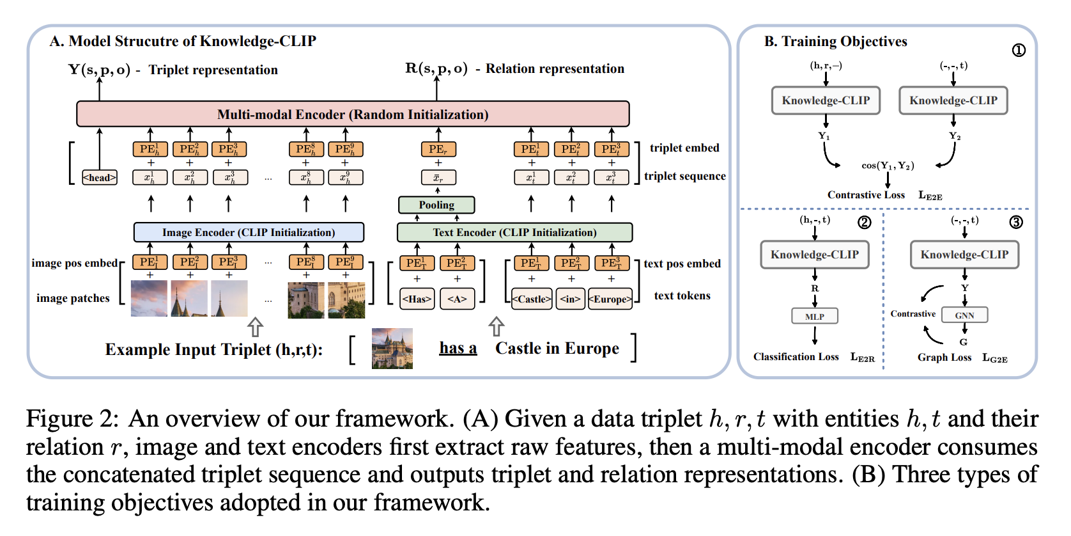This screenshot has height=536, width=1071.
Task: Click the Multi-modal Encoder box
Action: [353, 114]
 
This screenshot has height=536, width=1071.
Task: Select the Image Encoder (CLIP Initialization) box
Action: [249, 232]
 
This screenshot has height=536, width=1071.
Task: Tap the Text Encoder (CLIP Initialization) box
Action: [514, 232]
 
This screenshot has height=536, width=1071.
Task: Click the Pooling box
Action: [436, 205]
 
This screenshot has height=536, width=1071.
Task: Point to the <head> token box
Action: [100, 177]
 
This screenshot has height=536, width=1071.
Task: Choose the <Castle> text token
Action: [532, 299]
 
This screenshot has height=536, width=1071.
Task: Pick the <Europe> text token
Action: [610, 299]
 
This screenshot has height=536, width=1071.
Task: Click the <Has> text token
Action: [417, 299]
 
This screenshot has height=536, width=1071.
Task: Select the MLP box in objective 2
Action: [814, 316]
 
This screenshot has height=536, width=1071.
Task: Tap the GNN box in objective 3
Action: [964, 315]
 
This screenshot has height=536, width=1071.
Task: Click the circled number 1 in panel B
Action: [1019, 50]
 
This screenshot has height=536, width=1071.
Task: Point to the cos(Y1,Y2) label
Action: [888, 166]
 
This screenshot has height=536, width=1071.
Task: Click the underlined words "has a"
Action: [458, 348]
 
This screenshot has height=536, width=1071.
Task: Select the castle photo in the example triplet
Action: [392, 348]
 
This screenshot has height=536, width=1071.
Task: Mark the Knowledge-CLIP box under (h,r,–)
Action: [826, 100]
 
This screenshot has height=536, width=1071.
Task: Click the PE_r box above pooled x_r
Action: [438, 149]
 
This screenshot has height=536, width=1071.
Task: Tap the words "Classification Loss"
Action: [796, 357]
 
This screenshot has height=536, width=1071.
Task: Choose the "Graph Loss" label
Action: [944, 357]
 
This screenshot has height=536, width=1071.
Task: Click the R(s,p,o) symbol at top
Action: [436, 68]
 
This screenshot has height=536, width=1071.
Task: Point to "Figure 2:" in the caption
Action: [72, 419]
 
